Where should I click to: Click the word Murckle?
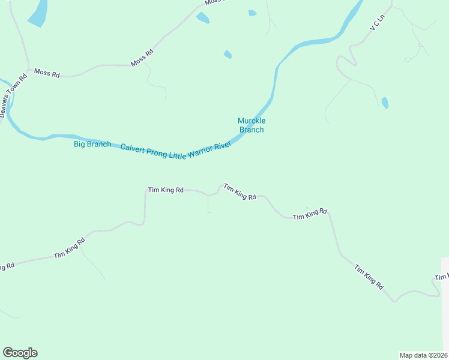point(252,121)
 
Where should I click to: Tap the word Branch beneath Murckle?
point(252,130)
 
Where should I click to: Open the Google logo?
point(20,353)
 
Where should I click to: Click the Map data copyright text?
point(424,355)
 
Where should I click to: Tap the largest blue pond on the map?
point(38,13)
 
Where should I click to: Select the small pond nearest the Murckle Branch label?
point(228,55)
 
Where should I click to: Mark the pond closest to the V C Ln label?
point(384,103)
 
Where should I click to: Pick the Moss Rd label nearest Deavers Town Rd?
point(47,73)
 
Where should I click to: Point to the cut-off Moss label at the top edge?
point(212,2)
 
